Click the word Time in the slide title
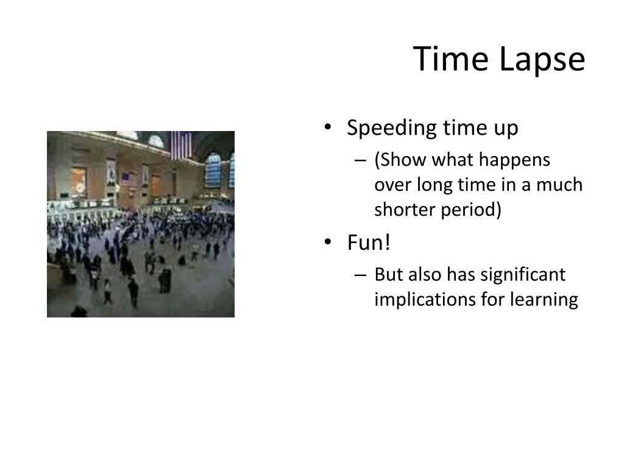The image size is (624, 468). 452,59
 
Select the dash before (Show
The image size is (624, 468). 360,160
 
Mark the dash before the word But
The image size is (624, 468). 360,275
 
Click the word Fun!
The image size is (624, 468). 368,243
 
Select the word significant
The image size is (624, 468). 523,275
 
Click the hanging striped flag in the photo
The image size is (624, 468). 180,144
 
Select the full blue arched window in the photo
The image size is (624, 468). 213,170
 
